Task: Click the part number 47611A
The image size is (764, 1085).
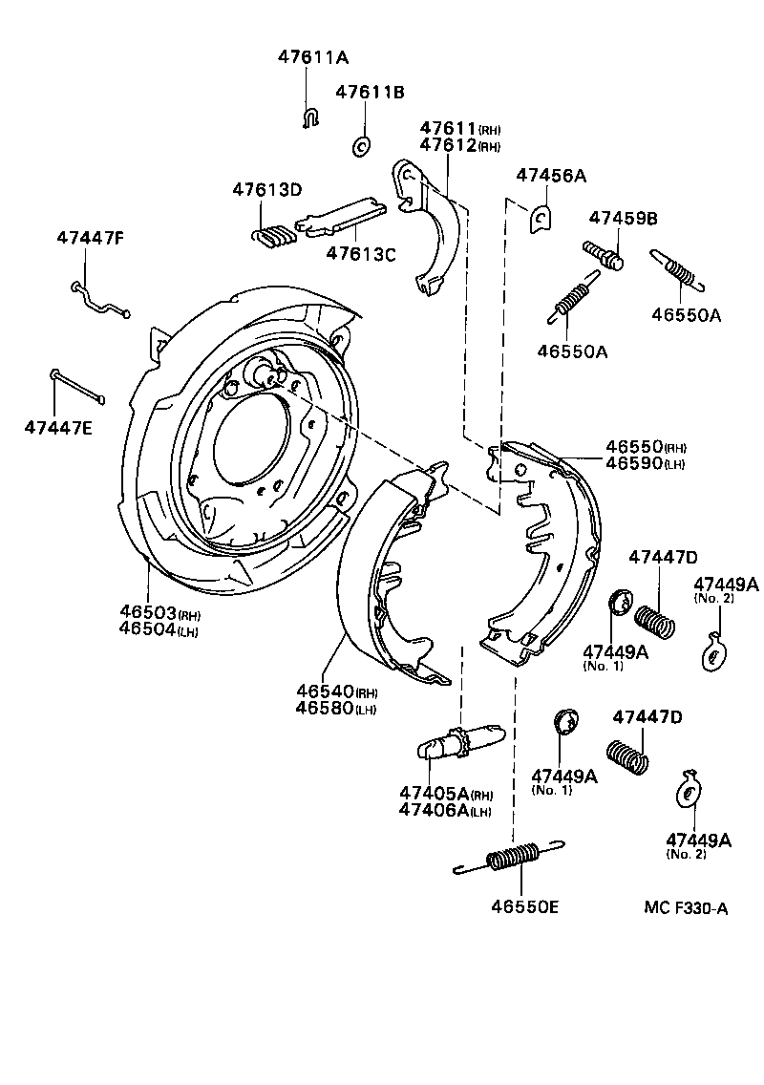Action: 313,57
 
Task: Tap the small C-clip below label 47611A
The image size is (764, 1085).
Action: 309,118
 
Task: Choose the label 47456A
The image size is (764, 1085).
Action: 551,176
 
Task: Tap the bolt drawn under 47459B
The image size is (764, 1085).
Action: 604,255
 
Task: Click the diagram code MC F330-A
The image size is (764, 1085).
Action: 686,908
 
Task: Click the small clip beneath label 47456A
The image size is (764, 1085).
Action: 541,219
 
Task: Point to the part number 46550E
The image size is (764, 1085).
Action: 525,906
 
